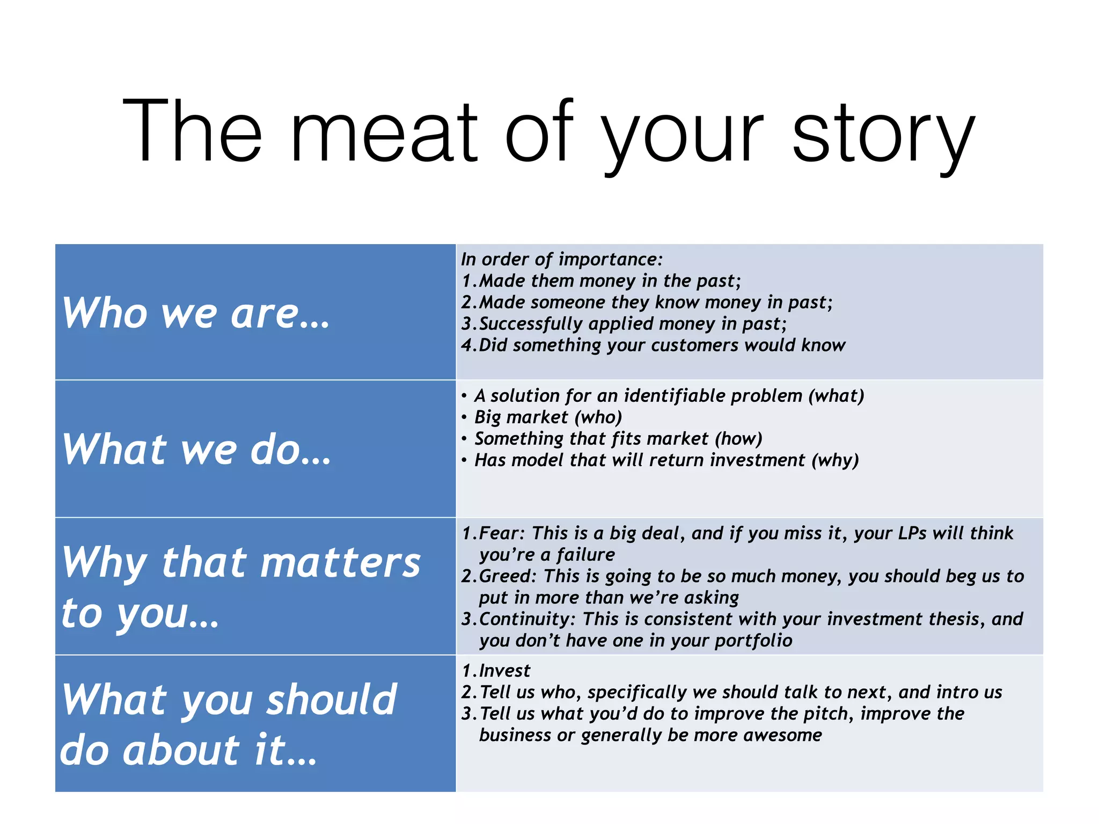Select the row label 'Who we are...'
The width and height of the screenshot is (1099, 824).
point(196,313)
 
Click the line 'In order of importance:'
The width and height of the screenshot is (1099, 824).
point(561,260)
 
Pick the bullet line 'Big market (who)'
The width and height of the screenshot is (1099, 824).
point(547,417)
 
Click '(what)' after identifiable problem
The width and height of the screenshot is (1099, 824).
point(836,396)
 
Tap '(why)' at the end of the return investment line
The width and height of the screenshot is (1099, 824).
point(834,460)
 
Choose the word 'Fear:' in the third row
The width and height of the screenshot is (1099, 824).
point(501,533)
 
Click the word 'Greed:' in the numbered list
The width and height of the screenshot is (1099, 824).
point(507,576)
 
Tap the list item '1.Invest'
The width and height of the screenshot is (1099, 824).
point(496,671)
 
